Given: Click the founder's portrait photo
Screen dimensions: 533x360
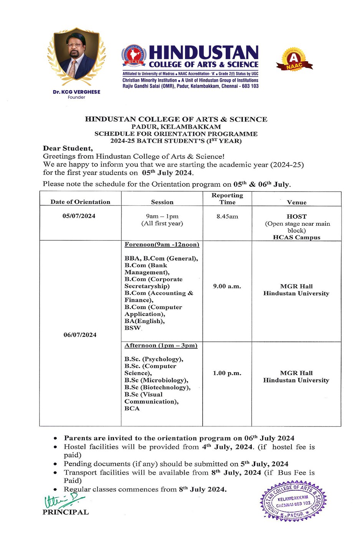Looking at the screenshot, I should click(76, 56).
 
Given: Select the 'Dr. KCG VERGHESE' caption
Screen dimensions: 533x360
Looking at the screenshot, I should click(76, 92).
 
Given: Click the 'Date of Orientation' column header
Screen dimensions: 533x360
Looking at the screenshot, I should click(80, 202).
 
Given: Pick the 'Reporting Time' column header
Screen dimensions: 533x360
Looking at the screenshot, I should click(227, 199).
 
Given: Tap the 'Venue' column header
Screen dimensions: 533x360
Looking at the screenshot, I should click(297, 202).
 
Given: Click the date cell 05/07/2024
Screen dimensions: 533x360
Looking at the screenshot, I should click(79, 216).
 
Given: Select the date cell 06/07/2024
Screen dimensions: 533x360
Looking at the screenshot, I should click(80, 335).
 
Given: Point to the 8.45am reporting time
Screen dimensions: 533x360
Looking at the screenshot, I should click(227, 217).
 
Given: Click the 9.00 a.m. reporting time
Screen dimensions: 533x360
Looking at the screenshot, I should click(227, 286).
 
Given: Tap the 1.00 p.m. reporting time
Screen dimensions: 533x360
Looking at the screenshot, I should click(227, 373).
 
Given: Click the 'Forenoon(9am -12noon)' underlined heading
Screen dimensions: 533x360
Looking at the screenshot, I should click(162, 245).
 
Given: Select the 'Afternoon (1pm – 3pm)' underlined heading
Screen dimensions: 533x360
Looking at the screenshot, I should click(161, 346).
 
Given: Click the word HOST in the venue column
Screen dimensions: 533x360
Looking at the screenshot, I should click(297, 217).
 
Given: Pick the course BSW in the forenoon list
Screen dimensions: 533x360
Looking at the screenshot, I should click(132, 328).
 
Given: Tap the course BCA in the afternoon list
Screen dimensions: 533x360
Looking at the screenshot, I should click(132, 408).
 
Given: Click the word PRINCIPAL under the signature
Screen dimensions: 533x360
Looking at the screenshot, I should click(66, 512).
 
